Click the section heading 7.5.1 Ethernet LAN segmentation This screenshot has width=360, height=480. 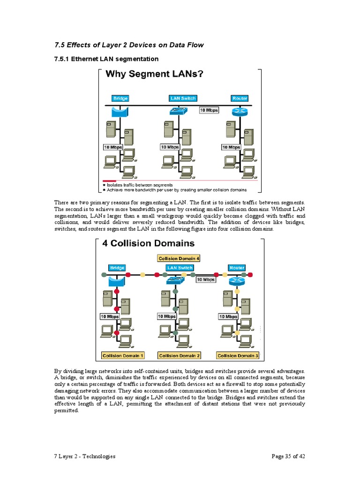coord(106,59)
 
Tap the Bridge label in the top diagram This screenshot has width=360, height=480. coord(120,98)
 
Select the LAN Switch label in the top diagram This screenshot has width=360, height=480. coord(183,98)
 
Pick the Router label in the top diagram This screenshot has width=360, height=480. coord(240,98)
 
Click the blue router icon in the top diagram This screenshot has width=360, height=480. coord(239,112)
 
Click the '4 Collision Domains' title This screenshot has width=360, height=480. coord(148,244)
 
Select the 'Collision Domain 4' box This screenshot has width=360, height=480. coord(179,258)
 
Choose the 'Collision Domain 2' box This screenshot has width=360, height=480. coord(180,356)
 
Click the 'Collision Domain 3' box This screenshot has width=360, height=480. coord(238,356)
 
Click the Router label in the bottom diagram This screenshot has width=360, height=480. coord(237,268)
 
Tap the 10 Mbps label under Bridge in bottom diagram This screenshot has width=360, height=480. coord(110,316)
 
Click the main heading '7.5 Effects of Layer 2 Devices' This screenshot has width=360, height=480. coord(129,45)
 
